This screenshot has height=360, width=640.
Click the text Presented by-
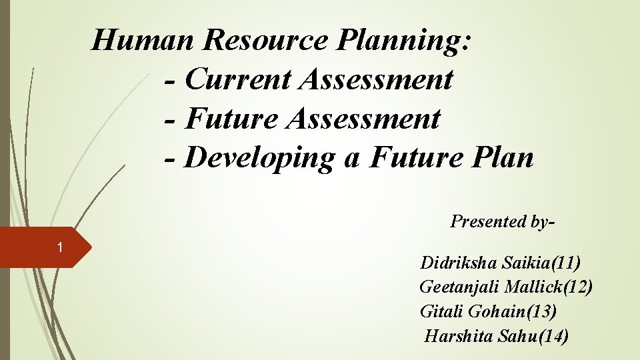click(502, 221)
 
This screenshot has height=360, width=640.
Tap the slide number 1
click(60, 248)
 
